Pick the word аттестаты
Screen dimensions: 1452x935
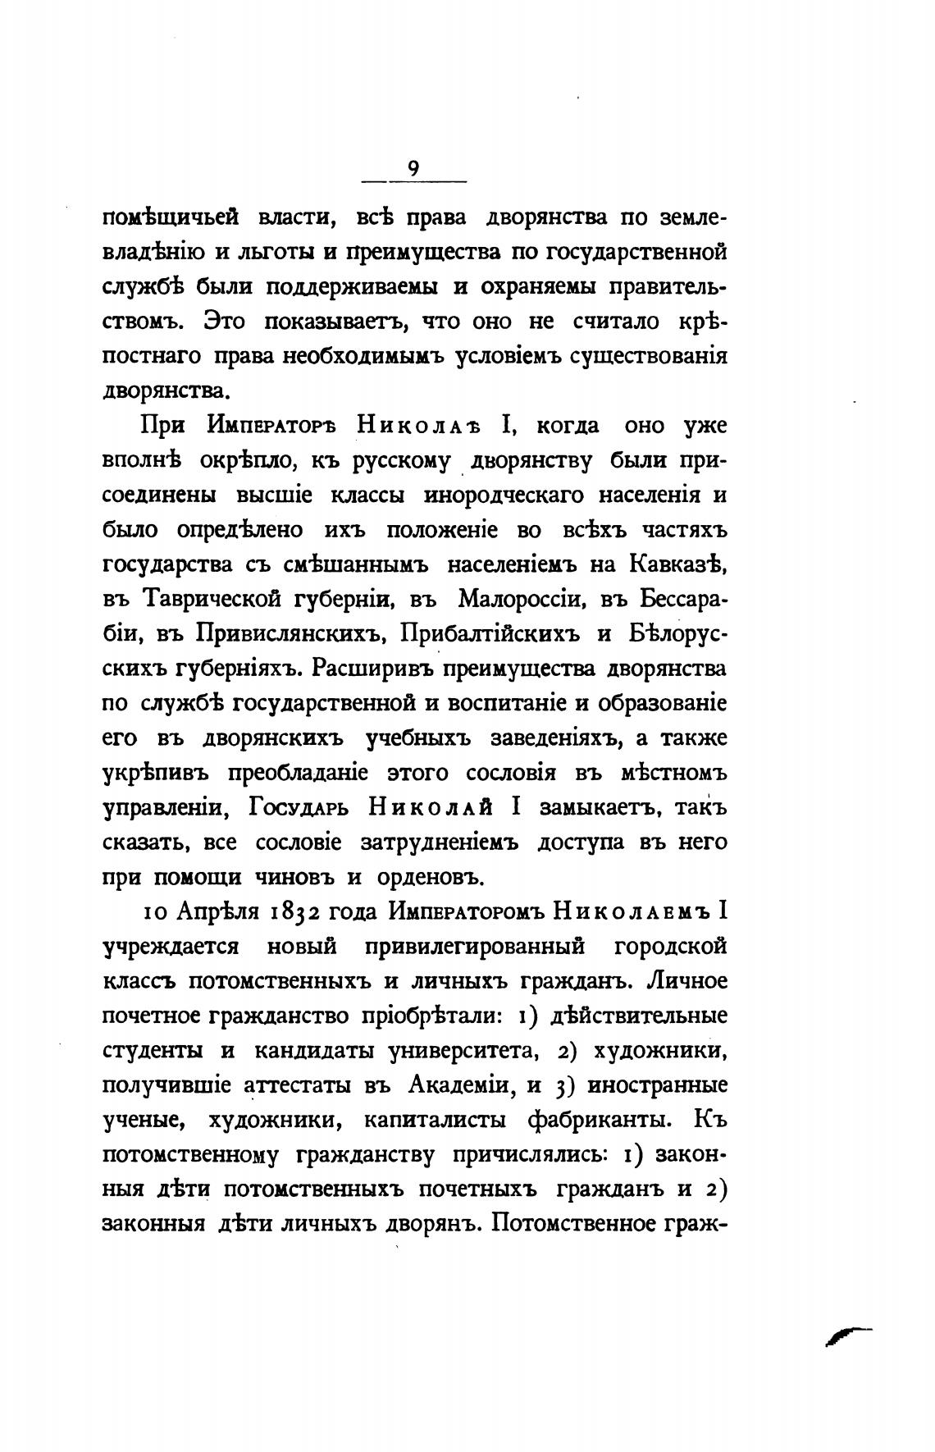point(300,1085)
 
